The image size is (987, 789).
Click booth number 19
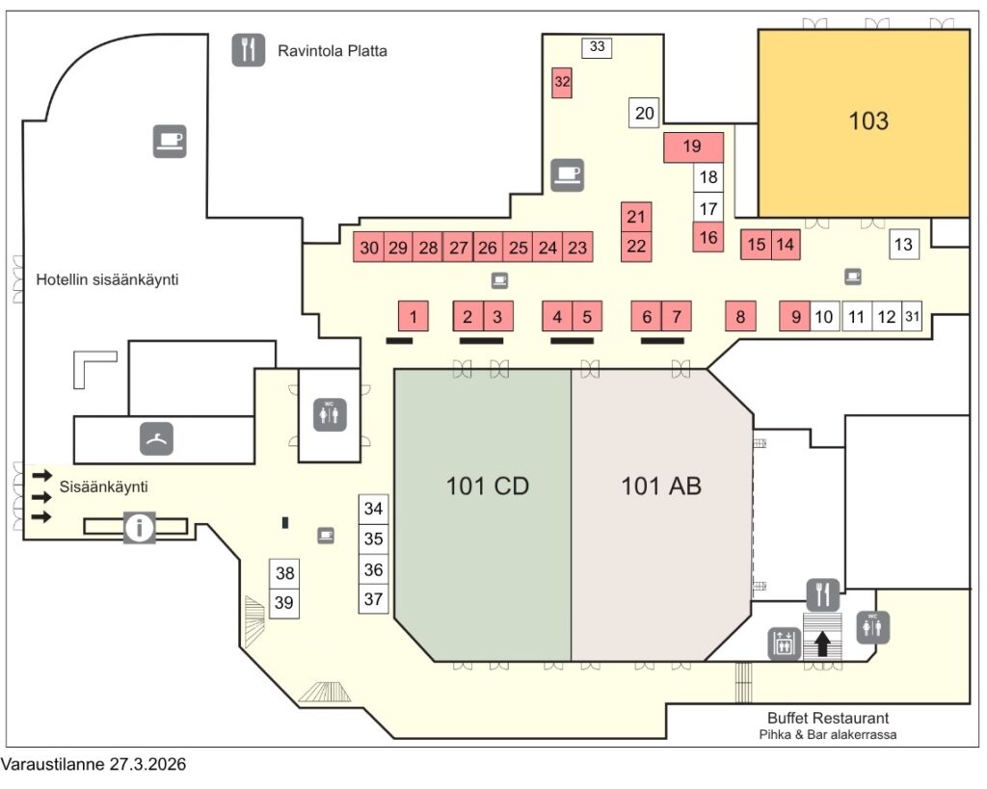pos(693,147)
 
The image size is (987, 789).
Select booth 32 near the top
pos(563,82)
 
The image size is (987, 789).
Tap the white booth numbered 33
pos(597,46)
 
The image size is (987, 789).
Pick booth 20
pos(645,113)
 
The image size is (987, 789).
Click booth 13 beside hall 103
pos(903,245)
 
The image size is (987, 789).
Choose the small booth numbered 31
pos(914,316)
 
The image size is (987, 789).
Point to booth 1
pos(413,316)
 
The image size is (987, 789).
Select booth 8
pos(740,316)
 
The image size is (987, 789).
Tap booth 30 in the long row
pos(369,248)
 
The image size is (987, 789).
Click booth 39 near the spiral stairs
pos(284,603)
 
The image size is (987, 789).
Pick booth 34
pos(373,509)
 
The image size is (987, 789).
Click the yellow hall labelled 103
pos(864,122)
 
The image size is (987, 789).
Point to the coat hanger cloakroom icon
pos(156,438)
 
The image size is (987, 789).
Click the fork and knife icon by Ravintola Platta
pos(249,50)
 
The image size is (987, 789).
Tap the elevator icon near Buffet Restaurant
pos(782,643)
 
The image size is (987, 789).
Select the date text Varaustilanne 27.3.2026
pos(93,765)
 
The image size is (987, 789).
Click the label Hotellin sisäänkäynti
pos(108,280)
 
